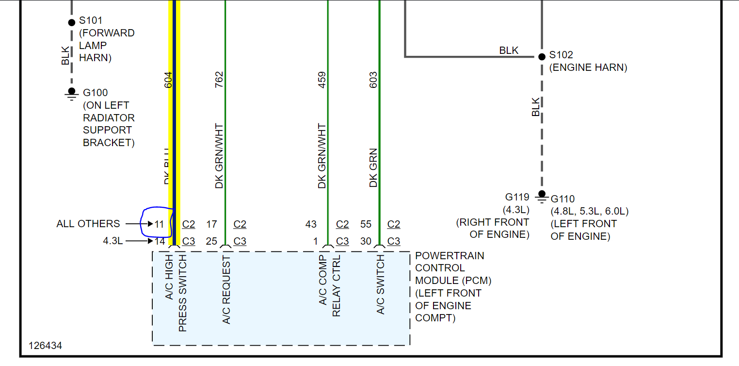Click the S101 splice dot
coord(72,22)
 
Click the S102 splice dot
coord(542,56)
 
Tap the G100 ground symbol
coord(72,93)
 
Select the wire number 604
coord(168,80)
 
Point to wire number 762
coord(219,80)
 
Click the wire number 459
coord(322,80)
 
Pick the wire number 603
coord(373,80)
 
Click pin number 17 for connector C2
coord(211,224)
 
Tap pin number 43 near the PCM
coord(311,224)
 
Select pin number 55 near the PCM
coord(366,224)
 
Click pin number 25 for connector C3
coord(211,241)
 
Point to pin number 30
coord(366,241)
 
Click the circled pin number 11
coord(160,224)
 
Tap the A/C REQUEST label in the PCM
coord(226,290)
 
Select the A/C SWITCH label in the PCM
coord(381,285)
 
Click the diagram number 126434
coord(45,346)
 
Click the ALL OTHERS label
coord(88,224)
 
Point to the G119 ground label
coord(517,197)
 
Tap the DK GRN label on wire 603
coord(373,168)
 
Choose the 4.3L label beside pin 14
coord(112,241)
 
